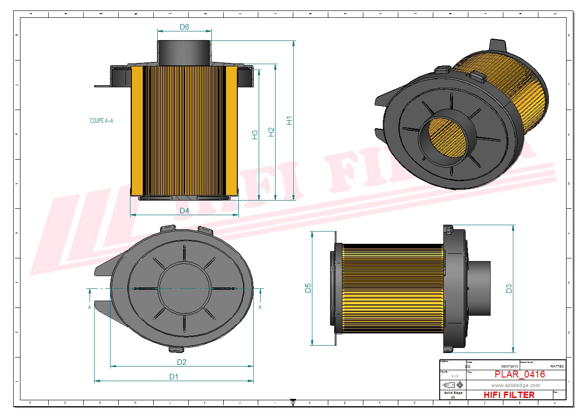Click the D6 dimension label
(x=184, y=27)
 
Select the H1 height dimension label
(x=290, y=121)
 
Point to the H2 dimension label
(x=271, y=132)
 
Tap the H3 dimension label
(x=255, y=135)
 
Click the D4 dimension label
(x=184, y=211)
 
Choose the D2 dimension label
(x=182, y=362)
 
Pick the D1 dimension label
(x=174, y=377)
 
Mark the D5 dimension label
(x=308, y=288)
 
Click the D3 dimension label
(x=509, y=288)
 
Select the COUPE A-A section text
(x=101, y=121)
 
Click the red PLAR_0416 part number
(x=520, y=374)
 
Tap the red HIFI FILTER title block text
(x=509, y=395)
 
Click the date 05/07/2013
(x=510, y=366)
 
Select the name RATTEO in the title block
(x=557, y=366)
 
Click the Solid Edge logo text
(x=453, y=393)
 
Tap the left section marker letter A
(x=90, y=307)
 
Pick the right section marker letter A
(x=260, y=307)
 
